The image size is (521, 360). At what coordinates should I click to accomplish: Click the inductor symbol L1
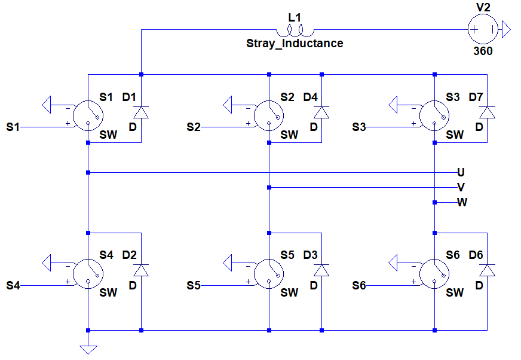[x=294, y=30]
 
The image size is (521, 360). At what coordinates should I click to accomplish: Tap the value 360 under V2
[x=483, y=51]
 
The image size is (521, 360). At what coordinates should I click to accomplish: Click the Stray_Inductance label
[x=295, y=44]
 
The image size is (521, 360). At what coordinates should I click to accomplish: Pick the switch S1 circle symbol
[x=87, y=114]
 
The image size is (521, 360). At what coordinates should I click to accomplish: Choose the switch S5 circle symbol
[x=269, y=272]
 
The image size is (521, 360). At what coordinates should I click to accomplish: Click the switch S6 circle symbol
[x=434, y=272]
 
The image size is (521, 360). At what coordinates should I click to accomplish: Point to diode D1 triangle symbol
[x=141, y=112]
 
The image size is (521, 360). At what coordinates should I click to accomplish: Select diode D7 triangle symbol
[x=487, y=112]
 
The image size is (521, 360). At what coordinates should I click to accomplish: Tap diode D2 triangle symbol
[x=141, y=270]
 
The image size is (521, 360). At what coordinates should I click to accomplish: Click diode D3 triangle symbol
[x=321, y=270]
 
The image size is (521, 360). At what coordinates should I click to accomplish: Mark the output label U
[x=461, y=172]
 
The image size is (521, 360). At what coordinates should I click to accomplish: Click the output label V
[x=461, y=187]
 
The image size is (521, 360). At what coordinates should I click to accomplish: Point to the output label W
[x=462, y=202]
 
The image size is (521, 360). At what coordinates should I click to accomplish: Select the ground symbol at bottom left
[x=88, y=350]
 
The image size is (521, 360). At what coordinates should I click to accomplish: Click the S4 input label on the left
[x=13, y=286]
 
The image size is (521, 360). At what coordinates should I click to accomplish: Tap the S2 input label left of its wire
[x=194, y=127]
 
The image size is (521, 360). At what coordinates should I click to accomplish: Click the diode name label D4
[x=311, y=97]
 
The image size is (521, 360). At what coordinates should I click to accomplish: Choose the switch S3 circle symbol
[x=434, y=114]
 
